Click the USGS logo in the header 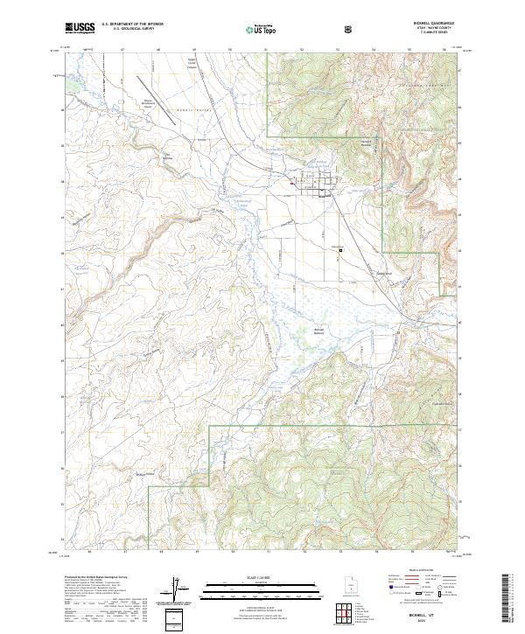click(80, 29)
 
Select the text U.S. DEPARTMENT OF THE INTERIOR click(132, 25)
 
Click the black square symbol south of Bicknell click(340, 250)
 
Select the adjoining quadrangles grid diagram click(347, 613)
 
